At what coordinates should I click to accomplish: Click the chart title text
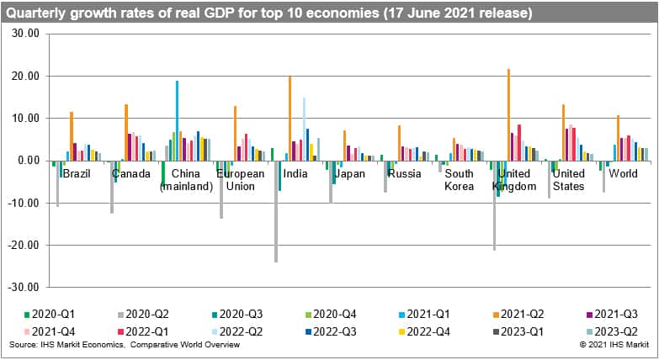[269, 13]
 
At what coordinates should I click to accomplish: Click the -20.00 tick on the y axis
[26, 245]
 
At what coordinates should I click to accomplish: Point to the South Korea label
[460, 180]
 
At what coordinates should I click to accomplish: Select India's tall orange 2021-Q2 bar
[290, 118]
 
